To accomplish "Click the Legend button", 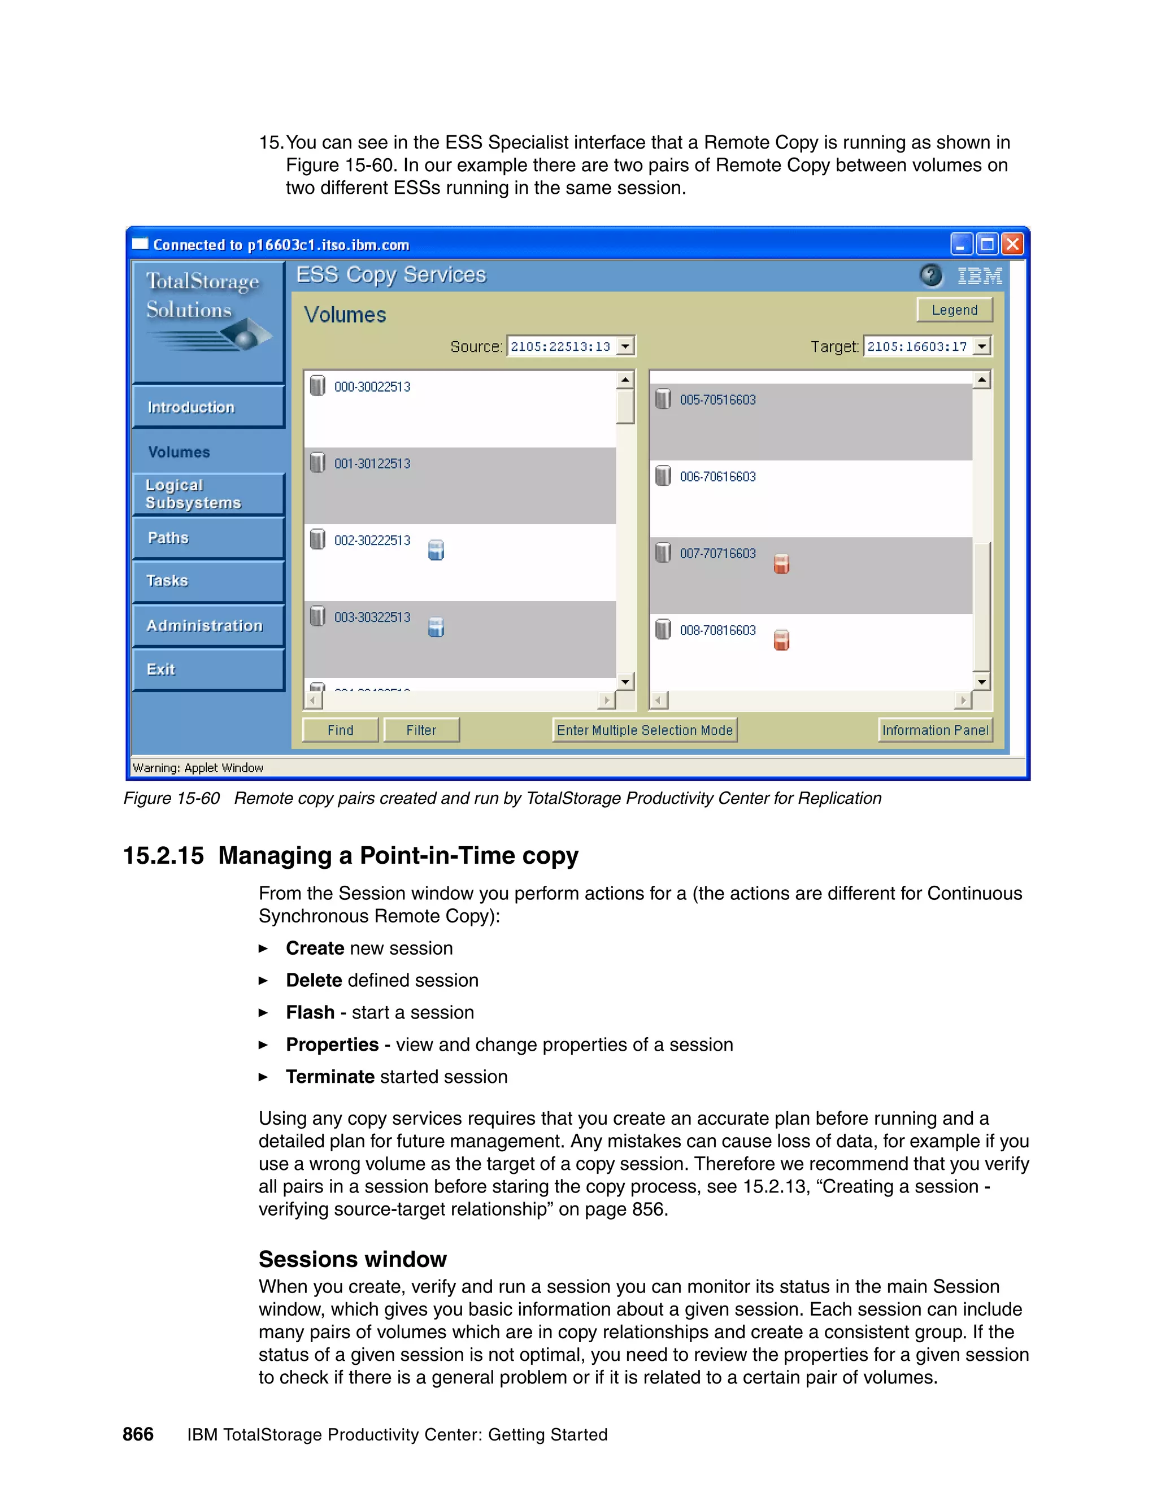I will pyautogui.click(x=954, y=310).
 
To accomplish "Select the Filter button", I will pyautogui.click(x=421, y=730).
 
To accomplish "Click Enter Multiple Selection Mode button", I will pyautogui.click(x=644, y=730).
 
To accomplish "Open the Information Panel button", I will pyautogui.click(x=935, y=730).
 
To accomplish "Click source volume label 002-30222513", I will pyautogui.click(x=372, y=541).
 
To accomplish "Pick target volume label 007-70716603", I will pyautogui.click(x=717, y=554).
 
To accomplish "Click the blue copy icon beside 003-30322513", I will pyautogui.click(x=436, y=627).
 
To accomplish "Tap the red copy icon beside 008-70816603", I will pyautogui.click(x=781, y=640).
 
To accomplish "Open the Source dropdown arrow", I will pyautogui.click(x=625, y=346).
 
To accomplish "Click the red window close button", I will pyautogui.click(x=1012, y=244).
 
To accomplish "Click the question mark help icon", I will pyautogui.click(x=930, y=276).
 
